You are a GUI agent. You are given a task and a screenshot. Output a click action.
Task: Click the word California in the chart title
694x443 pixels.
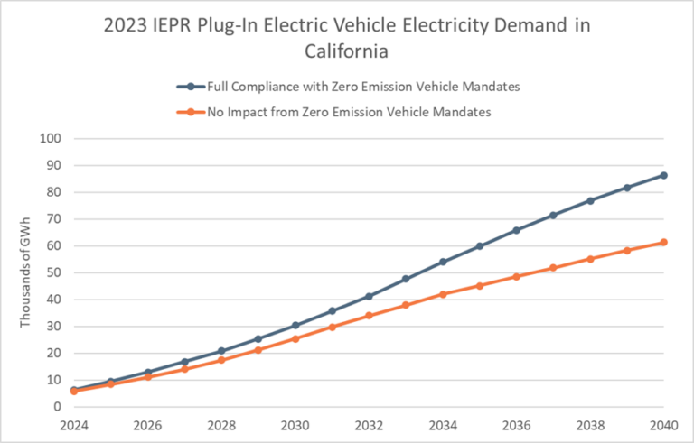click(x=346, y=51)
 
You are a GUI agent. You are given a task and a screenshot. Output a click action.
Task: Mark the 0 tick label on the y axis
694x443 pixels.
click(x=58, y=407)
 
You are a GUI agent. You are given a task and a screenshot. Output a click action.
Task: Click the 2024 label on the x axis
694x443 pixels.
click(x=74, y=424)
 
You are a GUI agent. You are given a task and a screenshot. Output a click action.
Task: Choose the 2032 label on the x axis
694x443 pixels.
click(x=369, y=424)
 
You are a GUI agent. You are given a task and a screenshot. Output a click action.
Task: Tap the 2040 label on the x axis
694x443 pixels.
click(x=663, y=424)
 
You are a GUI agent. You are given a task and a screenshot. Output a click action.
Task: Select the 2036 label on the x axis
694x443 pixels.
click(x=516, y=424)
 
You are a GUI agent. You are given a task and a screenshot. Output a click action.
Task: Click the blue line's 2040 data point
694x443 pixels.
click(x=663, y=175)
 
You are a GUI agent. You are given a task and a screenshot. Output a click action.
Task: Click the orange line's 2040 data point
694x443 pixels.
click(x=663, y=242)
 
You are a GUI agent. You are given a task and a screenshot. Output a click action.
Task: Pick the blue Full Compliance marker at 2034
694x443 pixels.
click(x=443, y=262)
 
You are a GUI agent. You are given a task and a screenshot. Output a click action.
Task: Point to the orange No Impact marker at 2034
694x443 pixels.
click(x=443, y=294)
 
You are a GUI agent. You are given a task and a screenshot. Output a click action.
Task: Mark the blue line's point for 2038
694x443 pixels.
click(x=590, y=200)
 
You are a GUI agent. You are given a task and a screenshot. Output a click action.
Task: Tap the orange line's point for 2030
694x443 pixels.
click(x=295, y=338)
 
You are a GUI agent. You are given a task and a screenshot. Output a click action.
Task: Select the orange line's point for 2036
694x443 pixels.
click(x=516, y=276)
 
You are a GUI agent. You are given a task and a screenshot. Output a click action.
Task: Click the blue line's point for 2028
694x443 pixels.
click(x=221, y=351)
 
